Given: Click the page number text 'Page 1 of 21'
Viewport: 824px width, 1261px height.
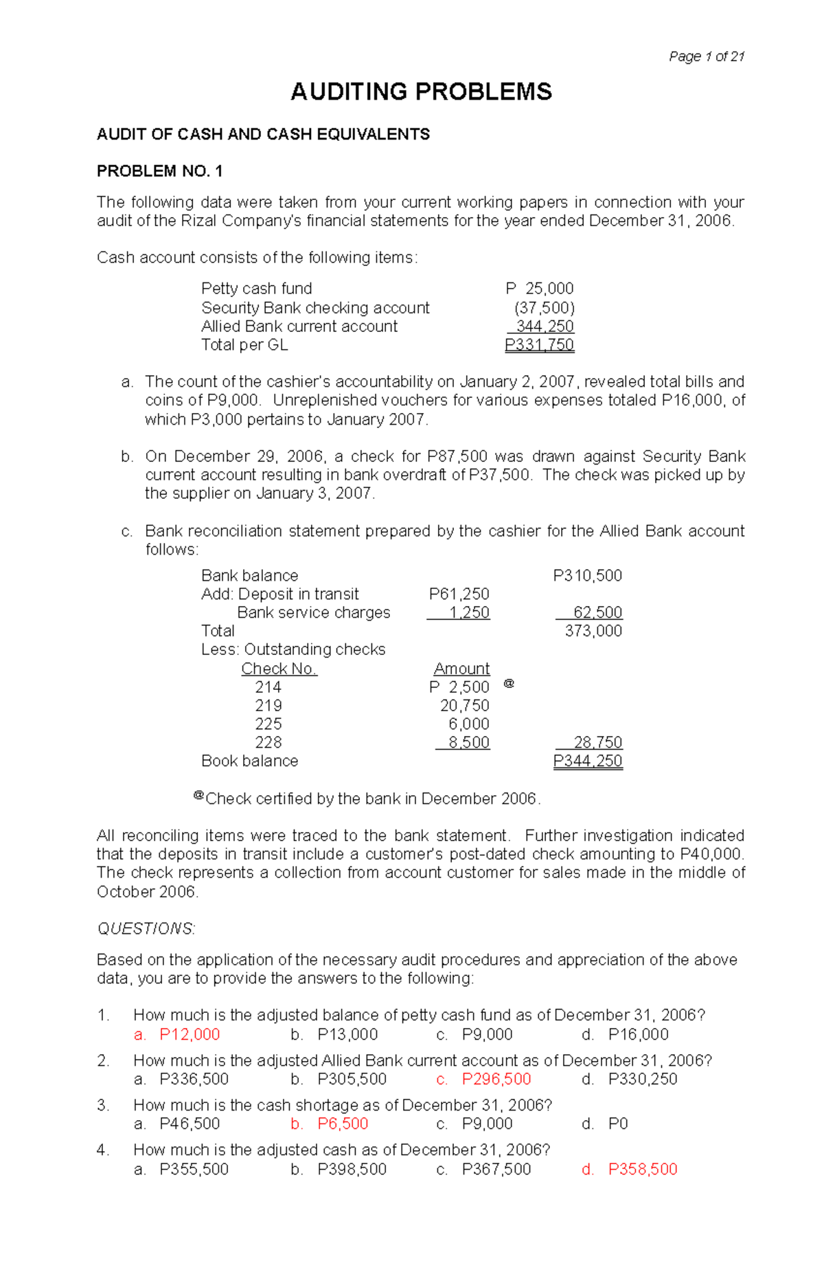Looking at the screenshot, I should click(707, 57).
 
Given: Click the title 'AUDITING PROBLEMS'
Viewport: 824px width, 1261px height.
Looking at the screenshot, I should click(421, 91).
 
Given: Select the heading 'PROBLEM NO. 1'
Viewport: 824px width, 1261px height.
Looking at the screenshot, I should click(159, 171).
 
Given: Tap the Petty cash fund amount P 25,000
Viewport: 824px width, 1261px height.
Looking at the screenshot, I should click(539, 289).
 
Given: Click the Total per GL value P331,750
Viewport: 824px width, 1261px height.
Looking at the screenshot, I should click(539, 345).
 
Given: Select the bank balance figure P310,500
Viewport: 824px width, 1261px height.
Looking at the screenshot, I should click(587, 576).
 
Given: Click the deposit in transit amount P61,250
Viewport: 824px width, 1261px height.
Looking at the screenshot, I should click(459, 594).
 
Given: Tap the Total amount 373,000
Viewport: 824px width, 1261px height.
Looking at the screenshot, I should click(593, 632).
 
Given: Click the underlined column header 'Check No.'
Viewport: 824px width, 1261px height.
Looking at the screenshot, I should click(279, 669).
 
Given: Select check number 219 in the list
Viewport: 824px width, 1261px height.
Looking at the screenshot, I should click(268, 706).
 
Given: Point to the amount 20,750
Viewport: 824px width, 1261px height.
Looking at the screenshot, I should click(465, 706).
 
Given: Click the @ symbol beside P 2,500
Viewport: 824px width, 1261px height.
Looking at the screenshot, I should click(509, 684).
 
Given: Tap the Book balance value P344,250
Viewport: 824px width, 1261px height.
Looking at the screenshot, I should click(588, 761).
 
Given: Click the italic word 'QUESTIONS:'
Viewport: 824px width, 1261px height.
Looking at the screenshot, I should click(146, 929).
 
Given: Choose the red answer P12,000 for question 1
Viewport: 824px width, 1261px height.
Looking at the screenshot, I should click(190, 1035).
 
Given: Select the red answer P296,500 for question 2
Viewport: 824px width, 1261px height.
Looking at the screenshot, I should click(496, 1080).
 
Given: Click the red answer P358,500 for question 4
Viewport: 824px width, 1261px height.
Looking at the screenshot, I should click(643, 1170).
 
